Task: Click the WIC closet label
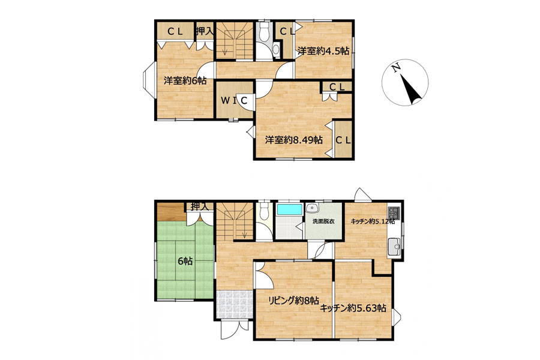(234, 101)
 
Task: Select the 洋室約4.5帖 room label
(323, 52)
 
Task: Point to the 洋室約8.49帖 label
(294, 140)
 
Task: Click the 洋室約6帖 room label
(185, 80)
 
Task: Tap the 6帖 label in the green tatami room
(185, 261)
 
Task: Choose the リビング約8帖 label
(293, 301)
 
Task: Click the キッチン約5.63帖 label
(353, 308)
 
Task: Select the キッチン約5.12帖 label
(373, 221)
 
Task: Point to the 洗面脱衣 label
(323, 221)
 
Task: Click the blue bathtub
(290, 209)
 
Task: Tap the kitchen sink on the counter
(394, 247)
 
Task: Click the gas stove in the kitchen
(394, 213)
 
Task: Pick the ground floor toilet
(265, 211)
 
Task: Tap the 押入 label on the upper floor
(205, 31)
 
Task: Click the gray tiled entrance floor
(234, 305)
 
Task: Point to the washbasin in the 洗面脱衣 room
(313, 208)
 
